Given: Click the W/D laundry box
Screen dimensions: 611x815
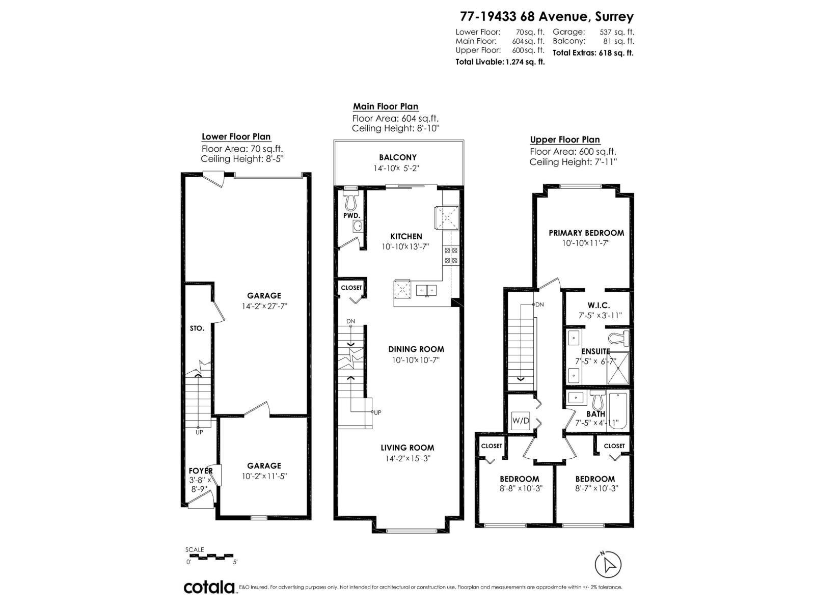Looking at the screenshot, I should coord(521,421).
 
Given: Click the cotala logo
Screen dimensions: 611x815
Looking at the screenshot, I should coord(209,587).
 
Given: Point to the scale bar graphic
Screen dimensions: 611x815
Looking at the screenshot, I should coord(210,556).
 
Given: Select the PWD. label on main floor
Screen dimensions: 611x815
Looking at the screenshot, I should coord(351,216).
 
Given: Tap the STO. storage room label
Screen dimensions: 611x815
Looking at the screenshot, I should coord(197,328).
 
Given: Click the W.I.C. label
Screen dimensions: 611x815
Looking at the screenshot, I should coord(599,305).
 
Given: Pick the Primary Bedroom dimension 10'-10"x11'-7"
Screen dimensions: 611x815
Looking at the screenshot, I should coord(586,243).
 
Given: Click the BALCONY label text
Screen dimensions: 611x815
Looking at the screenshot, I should coord(397,158).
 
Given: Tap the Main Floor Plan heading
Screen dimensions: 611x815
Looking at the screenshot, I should coord(386,107).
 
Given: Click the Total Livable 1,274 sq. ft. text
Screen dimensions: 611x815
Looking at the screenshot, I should coord(500,62).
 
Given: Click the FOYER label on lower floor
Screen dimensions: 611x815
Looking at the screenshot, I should coord(200,471).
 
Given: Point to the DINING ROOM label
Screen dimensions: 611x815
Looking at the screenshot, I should coord(416,349).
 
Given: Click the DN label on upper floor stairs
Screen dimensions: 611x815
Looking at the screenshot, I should coord(539,304).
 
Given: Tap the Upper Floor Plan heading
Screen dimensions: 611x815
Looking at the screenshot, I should coord(565,140).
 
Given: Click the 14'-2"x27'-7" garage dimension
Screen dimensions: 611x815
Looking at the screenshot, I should coord(264,307).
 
